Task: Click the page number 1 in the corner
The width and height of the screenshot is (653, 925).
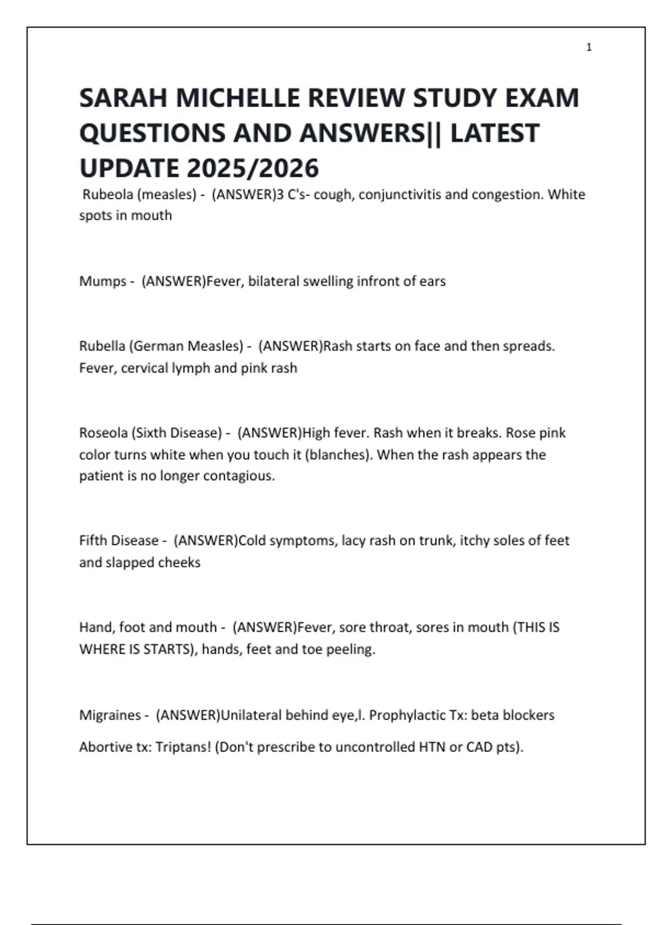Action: [589, 47]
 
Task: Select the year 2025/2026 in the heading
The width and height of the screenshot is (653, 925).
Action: [253, 168]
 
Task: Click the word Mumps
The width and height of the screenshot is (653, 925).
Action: [102, 281]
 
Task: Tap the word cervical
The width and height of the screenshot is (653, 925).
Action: [143, 368]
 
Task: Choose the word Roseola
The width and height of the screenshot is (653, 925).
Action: [103, 433]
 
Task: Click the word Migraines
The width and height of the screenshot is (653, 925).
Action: [110, 715]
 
